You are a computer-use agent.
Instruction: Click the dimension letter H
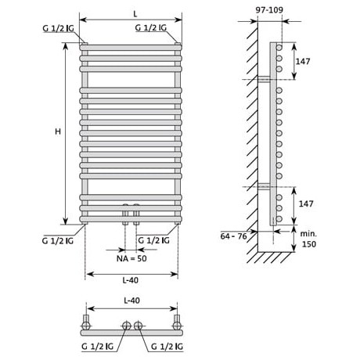(x=58, y=131)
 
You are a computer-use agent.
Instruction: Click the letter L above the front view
(x=135, y=14)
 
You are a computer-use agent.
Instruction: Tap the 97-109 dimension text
(x=269, y=10)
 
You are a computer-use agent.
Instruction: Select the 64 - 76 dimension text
(x=233, y=236)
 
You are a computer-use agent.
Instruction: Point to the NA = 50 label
(x=131, y=258)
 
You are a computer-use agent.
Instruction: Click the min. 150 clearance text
(x=308, y=239)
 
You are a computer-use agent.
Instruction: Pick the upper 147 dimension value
(x=303, y=61)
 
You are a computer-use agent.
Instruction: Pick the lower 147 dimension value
(x=306, y=203)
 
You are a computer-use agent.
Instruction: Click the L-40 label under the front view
(x=131, y=280)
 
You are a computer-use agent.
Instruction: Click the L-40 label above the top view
(x=131, y=301)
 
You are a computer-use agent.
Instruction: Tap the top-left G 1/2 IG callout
(x=58, y=28)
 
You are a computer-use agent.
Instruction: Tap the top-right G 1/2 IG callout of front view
(x=151, y=27)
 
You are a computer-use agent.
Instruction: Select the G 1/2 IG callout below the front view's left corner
(x=58, y=240)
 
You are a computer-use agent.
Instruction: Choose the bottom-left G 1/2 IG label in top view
(x=98, y=347)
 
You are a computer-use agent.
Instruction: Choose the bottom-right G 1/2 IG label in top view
(x=167, y=347)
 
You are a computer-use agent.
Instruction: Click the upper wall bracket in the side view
(x=264, y=79)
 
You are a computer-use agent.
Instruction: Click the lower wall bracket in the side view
(x=264, y=186)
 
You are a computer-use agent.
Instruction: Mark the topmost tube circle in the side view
(x=279, y=48)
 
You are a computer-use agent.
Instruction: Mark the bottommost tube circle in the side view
(x=279, y=219)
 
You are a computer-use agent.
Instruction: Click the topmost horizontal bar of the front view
(x=131, y=48)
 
